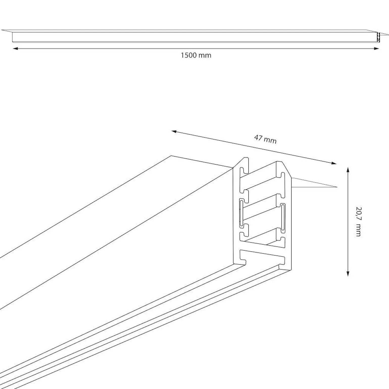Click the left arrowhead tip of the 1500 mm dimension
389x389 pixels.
pos(13,48)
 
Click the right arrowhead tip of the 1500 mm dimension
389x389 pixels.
pos(379,48)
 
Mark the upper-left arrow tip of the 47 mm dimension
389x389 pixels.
pos(171,131)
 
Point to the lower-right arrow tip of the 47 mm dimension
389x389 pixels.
pos(337,164)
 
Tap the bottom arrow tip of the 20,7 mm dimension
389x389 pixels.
pos(348,276)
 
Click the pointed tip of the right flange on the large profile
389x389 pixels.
pos(337,187)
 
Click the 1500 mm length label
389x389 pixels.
pos(196,55)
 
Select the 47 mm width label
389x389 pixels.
pos(265,139)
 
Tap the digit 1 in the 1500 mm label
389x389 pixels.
pos(182,55)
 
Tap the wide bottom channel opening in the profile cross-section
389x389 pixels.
pos(262,257)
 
